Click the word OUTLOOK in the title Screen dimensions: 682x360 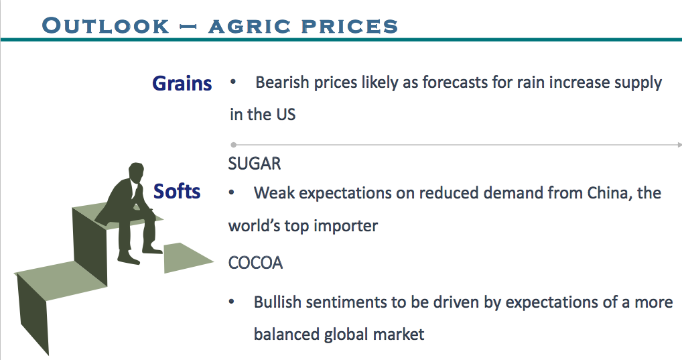[105, 25]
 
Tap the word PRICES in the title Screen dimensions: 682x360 [350, 26]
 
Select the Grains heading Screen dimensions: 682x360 [182, 83]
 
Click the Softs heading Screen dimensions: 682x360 [177, 191]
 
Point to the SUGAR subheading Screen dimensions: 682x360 [255, 164]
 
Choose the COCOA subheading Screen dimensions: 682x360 [255, 263]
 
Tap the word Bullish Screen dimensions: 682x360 [277, 302]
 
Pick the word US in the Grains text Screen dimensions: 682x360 [286, 115]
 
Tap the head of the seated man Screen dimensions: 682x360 [136, 171]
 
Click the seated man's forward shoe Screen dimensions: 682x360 [152, 250]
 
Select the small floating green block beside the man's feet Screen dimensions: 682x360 [188, 257]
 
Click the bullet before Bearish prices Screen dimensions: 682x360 [233, 82]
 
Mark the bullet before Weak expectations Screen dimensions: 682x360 [231, 192]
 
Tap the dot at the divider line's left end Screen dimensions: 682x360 [234, 145]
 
